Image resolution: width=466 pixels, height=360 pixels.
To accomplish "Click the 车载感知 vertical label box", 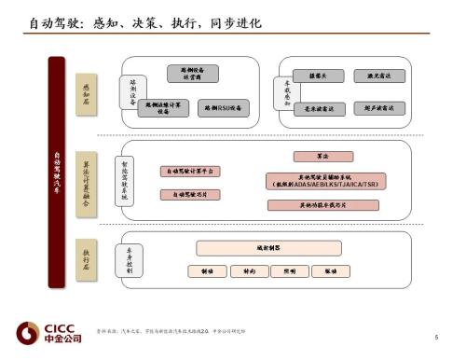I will [287, 90].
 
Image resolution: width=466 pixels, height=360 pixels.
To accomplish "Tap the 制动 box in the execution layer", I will [206, 271].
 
